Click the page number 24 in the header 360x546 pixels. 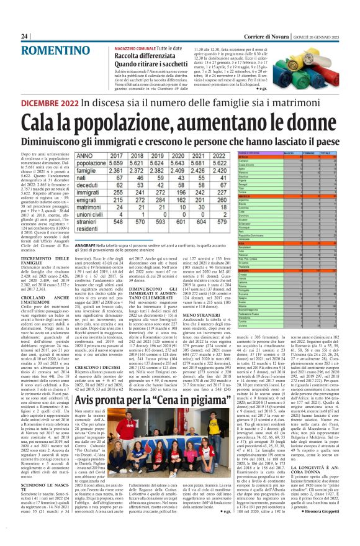click(x=24, y=36)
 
